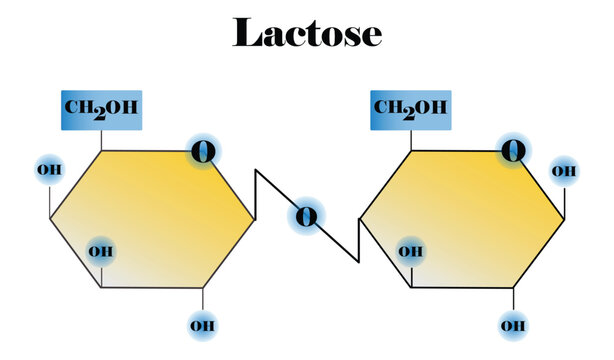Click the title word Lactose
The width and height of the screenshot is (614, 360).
click(307, 33)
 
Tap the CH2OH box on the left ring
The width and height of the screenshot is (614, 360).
click(102, 110)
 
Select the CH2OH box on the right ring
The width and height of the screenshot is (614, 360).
click(411, 110)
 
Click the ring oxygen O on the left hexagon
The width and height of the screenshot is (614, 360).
click(203, 152)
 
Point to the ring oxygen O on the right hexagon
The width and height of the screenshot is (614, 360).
click(513, 152)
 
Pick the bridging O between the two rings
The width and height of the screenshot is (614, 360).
click(307, 215)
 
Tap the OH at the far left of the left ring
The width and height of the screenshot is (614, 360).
click(49, 169)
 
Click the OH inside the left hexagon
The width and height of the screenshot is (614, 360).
click(100, 250)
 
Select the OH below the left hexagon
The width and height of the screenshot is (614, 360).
click(203, 325)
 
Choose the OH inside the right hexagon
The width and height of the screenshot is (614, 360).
click(410, 250)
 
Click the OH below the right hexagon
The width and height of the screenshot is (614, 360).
click(513, 325)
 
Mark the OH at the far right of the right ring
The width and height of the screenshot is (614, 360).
click(565, 171)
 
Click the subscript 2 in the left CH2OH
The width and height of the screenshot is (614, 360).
click(100, 113)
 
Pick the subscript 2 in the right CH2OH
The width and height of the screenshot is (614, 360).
click(409, 113)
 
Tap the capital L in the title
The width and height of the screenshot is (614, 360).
click(246, 33)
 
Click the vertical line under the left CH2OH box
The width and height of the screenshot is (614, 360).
click(102, 141)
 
